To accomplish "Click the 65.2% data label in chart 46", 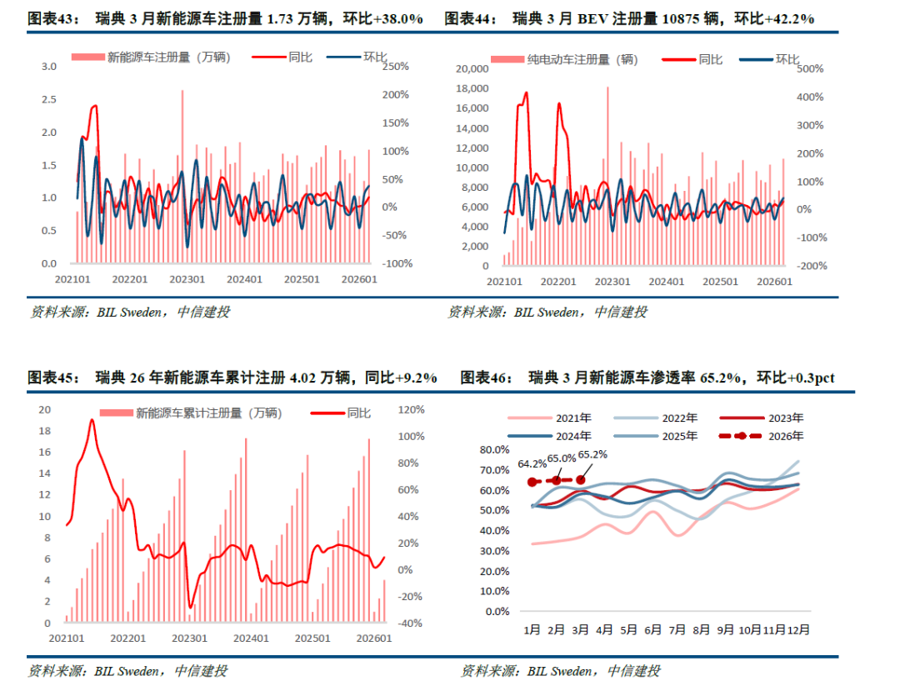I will [x=592, y=454].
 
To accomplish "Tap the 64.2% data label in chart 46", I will [x=532, y=463].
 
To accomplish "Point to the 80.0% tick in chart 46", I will [x=496, y=449].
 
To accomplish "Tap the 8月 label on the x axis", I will [x=702, y=630].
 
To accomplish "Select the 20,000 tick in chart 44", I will [x=471, y=68].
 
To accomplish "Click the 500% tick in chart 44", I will [x=811, y=68].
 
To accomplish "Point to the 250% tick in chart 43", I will [x=395, y=67].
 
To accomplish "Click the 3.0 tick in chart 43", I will [x=49, y=67].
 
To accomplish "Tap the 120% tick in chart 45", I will [x=412, y=409].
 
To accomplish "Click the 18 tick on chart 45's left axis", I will [x=46, y=431].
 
